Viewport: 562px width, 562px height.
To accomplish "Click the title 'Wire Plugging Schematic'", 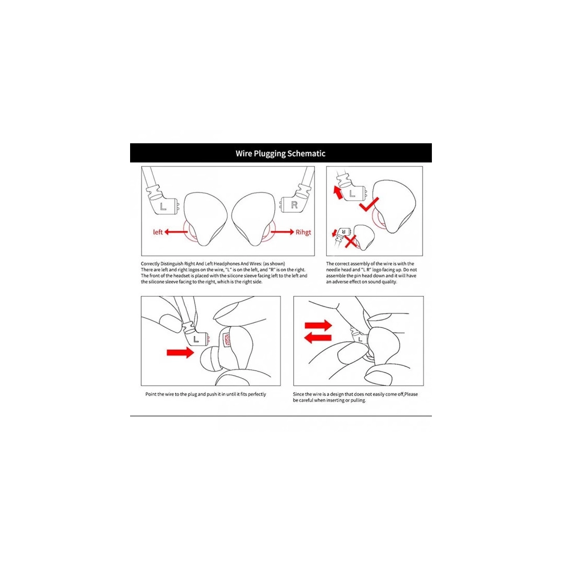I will click(x=280, y=154).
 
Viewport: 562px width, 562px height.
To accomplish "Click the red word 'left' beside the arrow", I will click(x=158, y=232).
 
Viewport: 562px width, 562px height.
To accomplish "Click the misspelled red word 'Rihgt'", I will click(x=303, y=232).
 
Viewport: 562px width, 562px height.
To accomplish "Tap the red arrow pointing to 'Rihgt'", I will click(x=283, y=232).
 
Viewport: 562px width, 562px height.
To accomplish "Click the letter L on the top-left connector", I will click(x=163, y=206).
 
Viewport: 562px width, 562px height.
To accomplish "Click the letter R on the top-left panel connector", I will click(x=294, y=205).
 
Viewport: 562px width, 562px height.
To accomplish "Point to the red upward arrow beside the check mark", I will click(x=339, y=194).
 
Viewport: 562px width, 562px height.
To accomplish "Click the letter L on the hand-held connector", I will click(x=196, y=339).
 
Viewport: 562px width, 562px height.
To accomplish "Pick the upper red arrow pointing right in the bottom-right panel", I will click(x=317, y=326).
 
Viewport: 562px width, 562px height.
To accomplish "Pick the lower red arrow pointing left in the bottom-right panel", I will click(x=317, y=338).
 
